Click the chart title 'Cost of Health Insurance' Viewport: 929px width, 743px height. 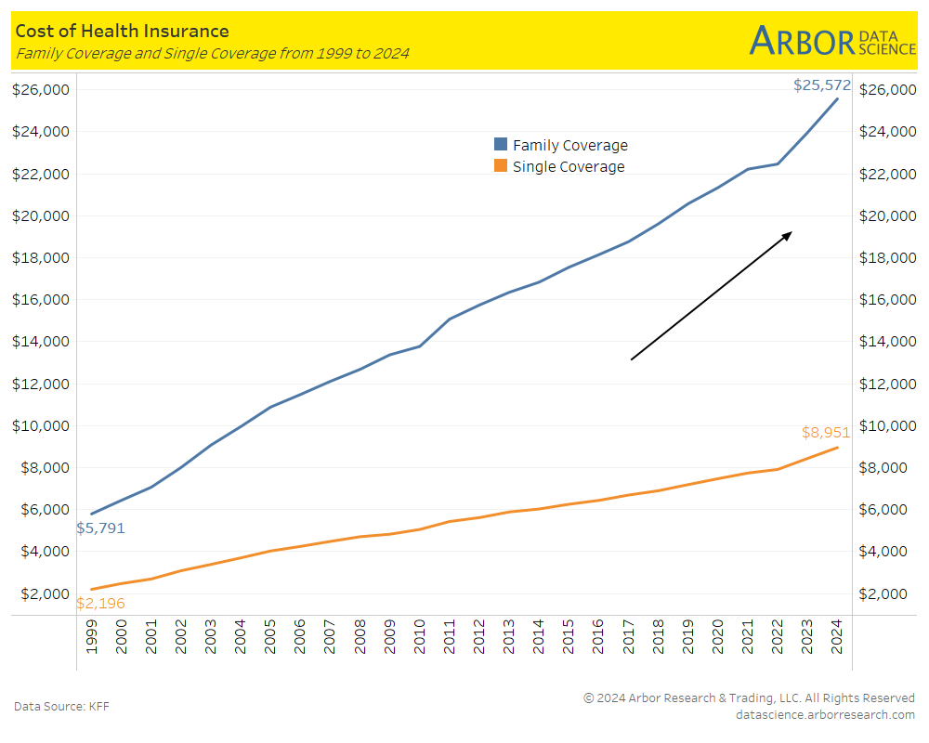point(122,33)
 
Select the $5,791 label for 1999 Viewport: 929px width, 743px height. point(100,528)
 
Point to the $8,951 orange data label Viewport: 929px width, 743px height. point(825,433)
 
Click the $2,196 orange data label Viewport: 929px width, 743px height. point(100,604)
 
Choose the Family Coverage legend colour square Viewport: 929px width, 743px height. point(501,145)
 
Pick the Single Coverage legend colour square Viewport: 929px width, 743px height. point(501,166)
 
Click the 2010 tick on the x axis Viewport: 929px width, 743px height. point(418,636)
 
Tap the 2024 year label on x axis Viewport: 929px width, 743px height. point(838,636)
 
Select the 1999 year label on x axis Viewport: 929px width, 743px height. point(91,636)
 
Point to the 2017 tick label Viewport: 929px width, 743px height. point(628,636)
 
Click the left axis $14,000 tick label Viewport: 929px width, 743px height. point(41,342)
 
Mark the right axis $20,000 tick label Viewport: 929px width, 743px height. point(887,216)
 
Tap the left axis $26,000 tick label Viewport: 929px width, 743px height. point(41,90)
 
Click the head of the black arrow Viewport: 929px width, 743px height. point(787,235)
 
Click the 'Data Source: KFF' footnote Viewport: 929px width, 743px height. point(61,707)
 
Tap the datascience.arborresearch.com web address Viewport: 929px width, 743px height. point(824,714)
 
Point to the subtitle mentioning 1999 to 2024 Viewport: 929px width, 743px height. point(212,54)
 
